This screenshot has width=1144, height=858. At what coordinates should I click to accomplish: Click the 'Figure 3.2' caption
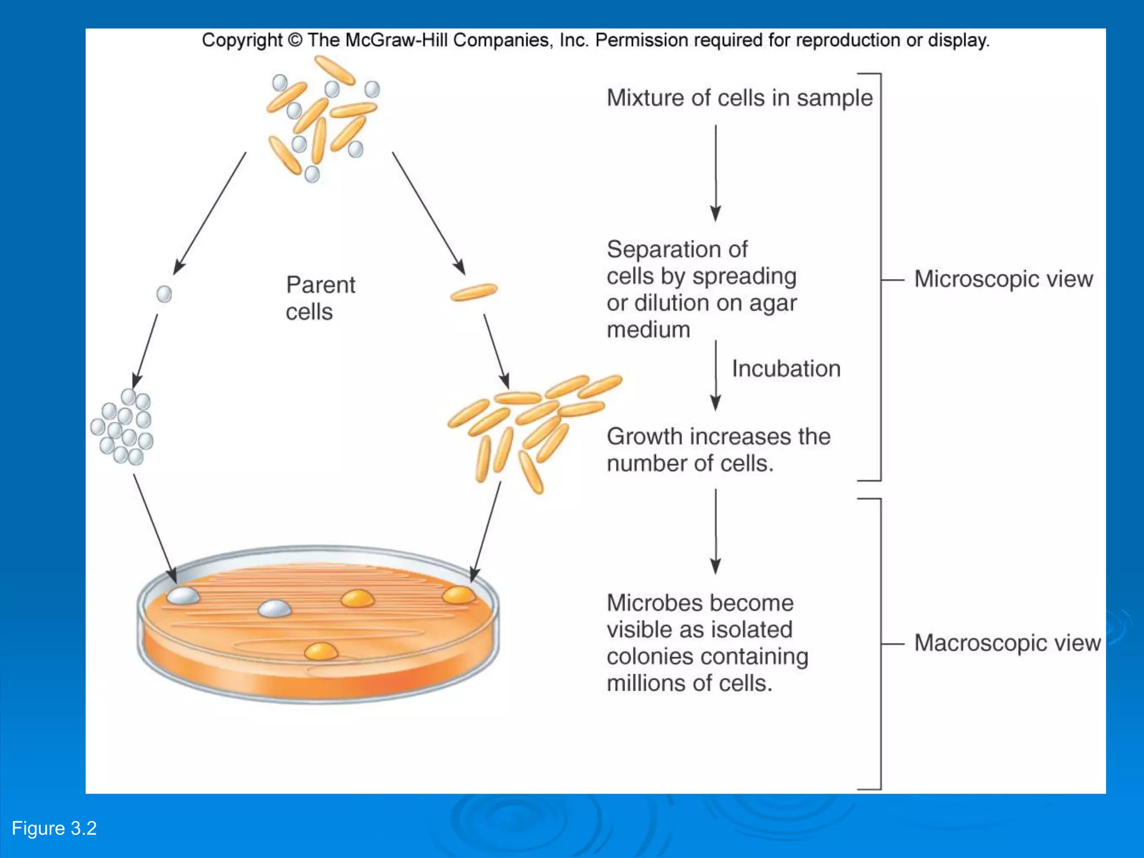click(x=54, y=828)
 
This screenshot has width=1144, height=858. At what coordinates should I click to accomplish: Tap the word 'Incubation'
click(x=786, y=369)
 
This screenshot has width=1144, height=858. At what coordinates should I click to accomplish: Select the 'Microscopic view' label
click(x=1003, y=279)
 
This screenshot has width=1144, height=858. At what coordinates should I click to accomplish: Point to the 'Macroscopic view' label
click(x=1007, y=643)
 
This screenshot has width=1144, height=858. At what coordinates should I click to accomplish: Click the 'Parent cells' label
click(x=320, y=298)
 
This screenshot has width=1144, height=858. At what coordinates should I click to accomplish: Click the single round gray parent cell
click(x=164, y=294)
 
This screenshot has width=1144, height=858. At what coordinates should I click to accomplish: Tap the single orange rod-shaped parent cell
click(x=474, y=292)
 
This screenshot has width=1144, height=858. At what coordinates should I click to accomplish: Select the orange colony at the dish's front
click(x=321, y=651)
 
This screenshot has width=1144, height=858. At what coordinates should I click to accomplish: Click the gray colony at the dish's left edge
click(x=183, y=595)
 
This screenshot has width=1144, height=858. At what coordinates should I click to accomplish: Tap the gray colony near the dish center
click(x=275, y=608)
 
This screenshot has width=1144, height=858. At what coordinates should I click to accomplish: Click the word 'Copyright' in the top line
click(x=242, y=40)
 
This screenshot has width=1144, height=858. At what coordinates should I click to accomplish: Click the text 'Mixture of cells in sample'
click(x=740, y=98)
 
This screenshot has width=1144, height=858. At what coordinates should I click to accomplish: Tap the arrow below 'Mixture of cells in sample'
click(x=716, y=173)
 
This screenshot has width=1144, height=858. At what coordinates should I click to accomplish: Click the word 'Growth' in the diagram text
click(x=645, y=436)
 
